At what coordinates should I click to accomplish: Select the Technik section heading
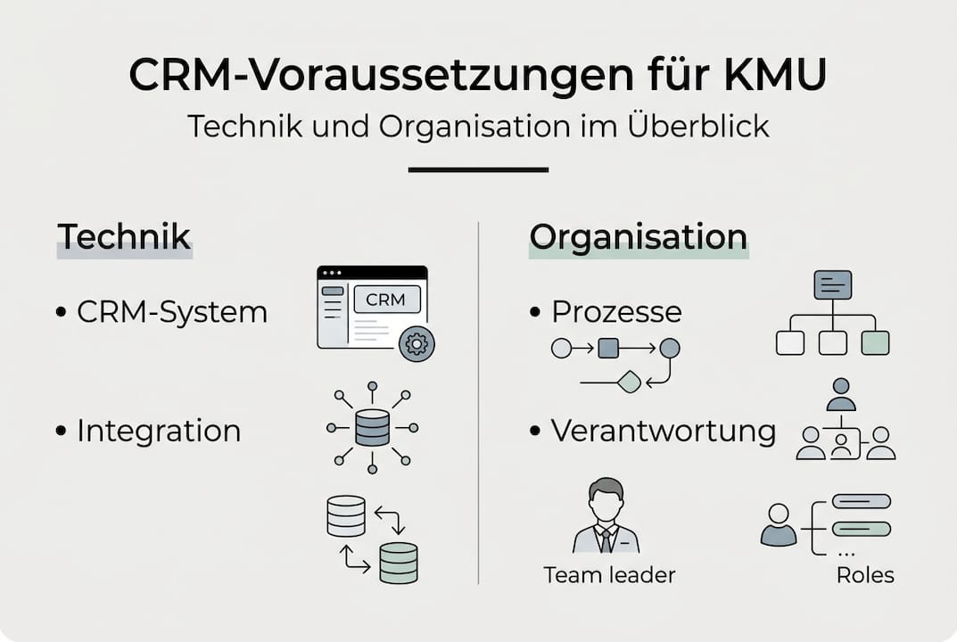pos(124,237)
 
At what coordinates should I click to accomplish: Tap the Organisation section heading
pos(638,237)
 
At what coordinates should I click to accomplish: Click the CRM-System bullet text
pos(171,312)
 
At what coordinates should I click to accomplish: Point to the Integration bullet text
pos(159,431)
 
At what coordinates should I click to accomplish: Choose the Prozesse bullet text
pos(616,311)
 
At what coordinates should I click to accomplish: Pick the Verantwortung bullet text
pos(664,431)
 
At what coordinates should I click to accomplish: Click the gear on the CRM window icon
pos(416,342)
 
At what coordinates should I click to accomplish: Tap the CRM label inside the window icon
pos(385,300)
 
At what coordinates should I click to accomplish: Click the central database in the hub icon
pos(372,428)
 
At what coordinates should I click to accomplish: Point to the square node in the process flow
pos(608,348)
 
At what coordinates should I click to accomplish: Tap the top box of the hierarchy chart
pos(832,284)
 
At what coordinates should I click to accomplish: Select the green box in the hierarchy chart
pos(875,342)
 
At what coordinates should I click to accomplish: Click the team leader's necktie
pos(606,539)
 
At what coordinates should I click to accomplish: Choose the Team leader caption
pos(609,575)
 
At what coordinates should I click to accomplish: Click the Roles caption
pos(864,575)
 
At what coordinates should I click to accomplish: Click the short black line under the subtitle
pos(478,169)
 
